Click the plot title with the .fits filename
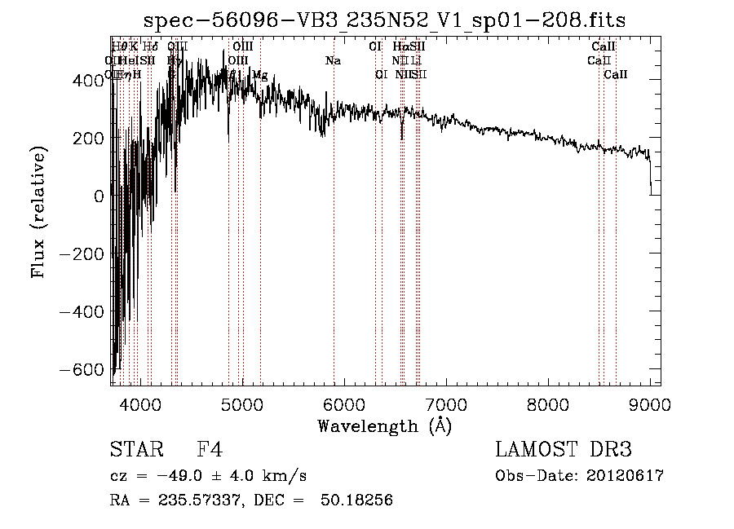(x=384, y=21)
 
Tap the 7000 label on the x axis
(x=446, y=402)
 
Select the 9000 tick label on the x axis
(x=650, y=402)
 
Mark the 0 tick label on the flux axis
(x=99, y=196)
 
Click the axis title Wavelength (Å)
(x=384, y=425)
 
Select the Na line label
(x=333, y=61)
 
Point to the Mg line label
(x=259, y=75)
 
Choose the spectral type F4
(x=210, y=451)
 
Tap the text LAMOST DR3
(x=564, y=451)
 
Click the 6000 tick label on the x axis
(x=344, y=402)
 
